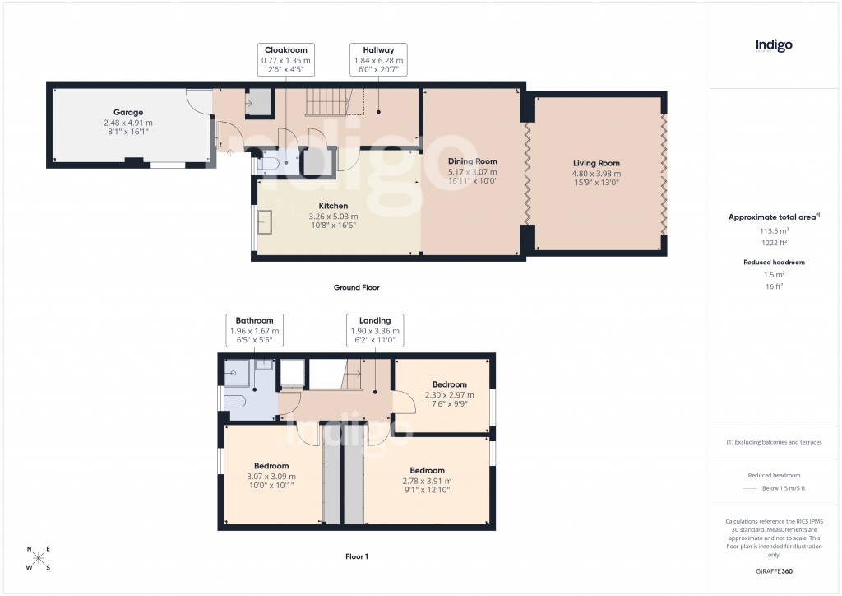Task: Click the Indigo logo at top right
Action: click(774, 46)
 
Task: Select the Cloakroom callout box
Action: click(285, 60)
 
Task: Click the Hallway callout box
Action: click(378, 60)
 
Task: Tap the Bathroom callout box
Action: click(254, 330)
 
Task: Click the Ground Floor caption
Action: click(356, 288)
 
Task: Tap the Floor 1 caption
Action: click(356, 556)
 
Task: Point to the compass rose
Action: click(39, 559)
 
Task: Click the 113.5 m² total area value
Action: click(773, 231)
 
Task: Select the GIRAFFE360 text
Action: click(774, 570)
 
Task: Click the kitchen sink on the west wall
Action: click(266, 223)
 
